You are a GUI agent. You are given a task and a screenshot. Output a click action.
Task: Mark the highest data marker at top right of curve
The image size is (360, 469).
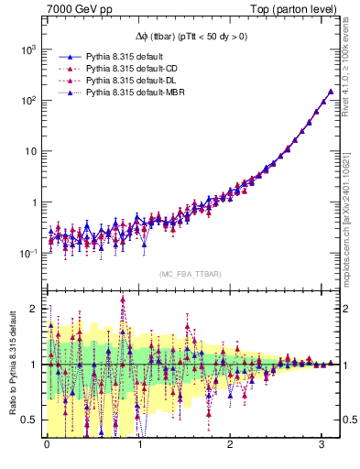click(330, 92)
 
